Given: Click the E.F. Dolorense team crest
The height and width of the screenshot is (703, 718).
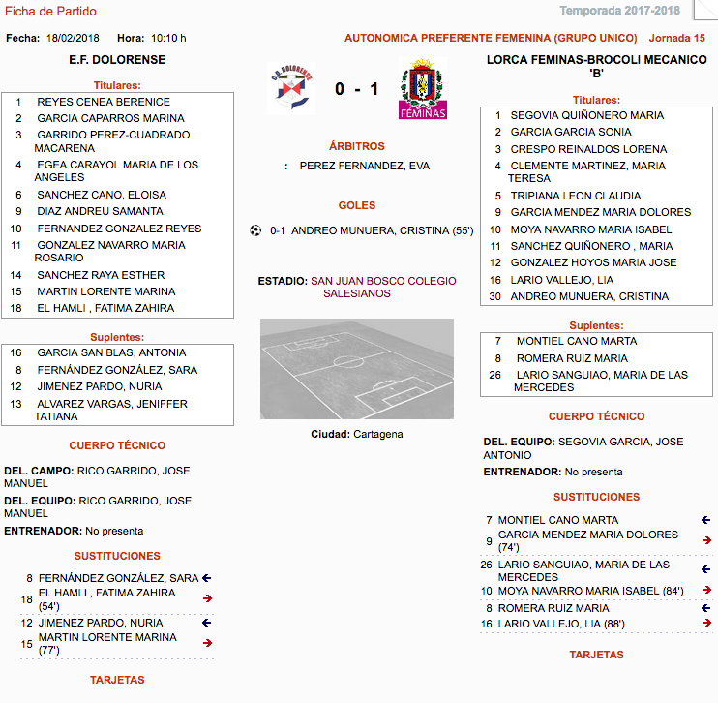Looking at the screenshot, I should coord(290,89).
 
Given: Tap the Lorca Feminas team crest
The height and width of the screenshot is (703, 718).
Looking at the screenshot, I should coord(423,90).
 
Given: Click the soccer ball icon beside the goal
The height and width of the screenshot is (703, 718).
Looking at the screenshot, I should coord(255,230).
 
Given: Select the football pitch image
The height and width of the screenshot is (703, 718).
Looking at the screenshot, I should coord(356,368).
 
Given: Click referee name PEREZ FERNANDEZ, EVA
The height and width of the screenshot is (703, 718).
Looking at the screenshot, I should coord(365,166).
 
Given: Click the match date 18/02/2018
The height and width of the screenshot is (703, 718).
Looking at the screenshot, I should coord(74,38).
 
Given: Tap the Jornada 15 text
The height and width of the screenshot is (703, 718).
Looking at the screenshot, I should coord(676,38).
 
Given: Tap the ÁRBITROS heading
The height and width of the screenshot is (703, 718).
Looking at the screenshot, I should coord(356,146).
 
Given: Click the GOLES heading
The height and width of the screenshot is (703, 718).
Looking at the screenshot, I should coord(357,205).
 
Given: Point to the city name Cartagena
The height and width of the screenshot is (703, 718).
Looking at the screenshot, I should coord(377,434).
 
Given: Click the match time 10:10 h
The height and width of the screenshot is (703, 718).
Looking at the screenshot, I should coord(168,38).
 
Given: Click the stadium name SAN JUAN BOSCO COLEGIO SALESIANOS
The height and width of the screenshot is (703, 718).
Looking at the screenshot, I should coord(382,287).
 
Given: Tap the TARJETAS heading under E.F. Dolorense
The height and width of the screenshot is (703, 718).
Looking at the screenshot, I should coord(117,680).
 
